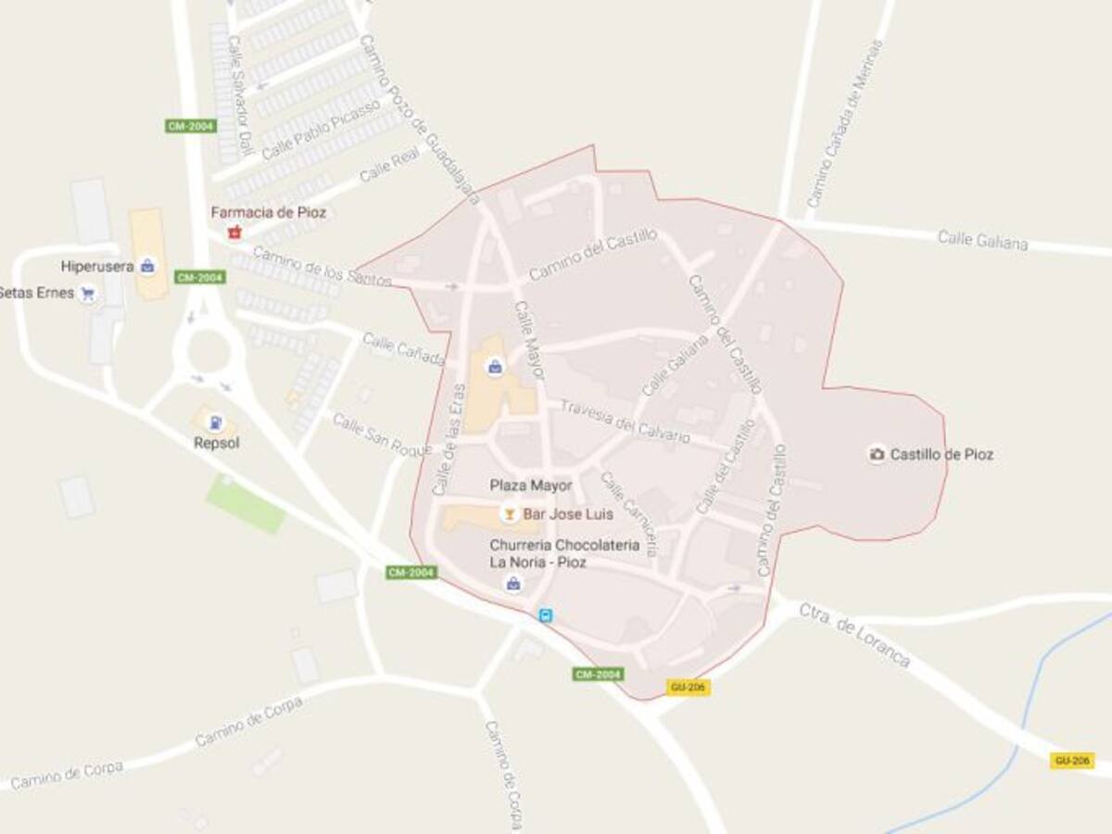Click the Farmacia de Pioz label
(268, 212)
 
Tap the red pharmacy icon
(234, 231)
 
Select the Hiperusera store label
(94, 267)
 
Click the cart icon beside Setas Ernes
(88, 294)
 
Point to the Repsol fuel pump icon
(215, 423)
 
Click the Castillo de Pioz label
(941, 454)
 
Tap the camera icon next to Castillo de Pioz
(876, 454)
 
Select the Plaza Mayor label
(531, 486)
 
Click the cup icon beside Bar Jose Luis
(509, 513)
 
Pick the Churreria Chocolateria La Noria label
(564, 553)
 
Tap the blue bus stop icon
(547, 614)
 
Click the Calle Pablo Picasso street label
(309, 129)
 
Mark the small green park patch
(246, 503)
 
